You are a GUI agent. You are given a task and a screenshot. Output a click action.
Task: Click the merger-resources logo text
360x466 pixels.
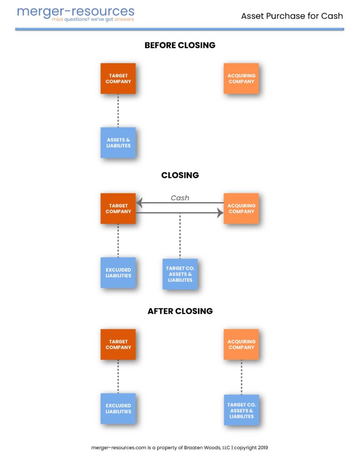76,11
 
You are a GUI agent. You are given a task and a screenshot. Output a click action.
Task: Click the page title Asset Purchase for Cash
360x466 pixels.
292,16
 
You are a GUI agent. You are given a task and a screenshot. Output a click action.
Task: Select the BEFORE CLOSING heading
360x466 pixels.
180,45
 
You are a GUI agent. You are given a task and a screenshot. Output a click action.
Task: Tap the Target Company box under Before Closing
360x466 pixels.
118,79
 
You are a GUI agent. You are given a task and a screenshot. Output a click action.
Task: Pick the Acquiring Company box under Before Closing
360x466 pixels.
241,79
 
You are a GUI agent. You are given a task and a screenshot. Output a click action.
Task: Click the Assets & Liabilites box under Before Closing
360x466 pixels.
118,143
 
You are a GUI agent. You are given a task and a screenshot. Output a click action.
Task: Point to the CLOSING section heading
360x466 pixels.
180,175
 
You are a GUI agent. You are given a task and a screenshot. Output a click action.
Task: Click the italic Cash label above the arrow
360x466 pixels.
180,198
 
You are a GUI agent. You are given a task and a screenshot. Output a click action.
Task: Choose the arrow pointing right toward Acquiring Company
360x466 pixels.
180,213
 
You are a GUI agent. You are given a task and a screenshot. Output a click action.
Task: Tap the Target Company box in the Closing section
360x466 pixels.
118,208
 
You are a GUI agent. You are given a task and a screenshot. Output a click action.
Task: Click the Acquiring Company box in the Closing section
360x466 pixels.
241,208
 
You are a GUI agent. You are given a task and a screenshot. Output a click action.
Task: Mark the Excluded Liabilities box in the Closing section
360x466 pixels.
118,273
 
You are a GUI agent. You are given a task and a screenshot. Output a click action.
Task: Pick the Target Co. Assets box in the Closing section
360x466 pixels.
180,274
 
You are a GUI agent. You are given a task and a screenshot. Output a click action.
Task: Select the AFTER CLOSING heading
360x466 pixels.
180,311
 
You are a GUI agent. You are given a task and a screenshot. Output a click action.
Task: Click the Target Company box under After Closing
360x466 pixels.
118,344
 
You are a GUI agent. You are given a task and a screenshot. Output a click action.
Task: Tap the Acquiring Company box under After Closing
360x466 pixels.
241,344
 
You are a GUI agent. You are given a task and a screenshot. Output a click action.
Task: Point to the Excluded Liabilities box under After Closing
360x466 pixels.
118,408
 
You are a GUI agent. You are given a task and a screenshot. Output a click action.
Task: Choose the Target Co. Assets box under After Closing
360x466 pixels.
241,410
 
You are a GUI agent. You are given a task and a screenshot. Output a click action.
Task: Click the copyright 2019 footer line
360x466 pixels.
180,447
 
